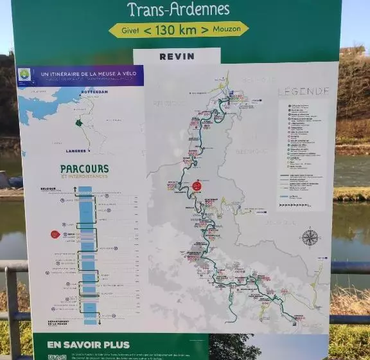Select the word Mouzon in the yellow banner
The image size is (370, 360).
[229, 30]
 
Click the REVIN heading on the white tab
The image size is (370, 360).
[177, 57]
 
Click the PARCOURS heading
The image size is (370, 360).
[84, 169]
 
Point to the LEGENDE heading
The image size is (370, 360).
[303, 91]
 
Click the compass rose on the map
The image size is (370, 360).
[310, 237]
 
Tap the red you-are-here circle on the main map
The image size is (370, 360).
[197, 186]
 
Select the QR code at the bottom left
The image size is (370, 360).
[57, 357]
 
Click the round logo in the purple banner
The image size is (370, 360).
[25, 75]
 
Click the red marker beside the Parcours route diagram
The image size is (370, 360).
[55, 234]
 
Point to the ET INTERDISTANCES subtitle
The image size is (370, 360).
[84, 177]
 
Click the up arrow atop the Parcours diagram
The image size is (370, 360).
[75, 190]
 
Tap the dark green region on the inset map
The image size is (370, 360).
[79, 123]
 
